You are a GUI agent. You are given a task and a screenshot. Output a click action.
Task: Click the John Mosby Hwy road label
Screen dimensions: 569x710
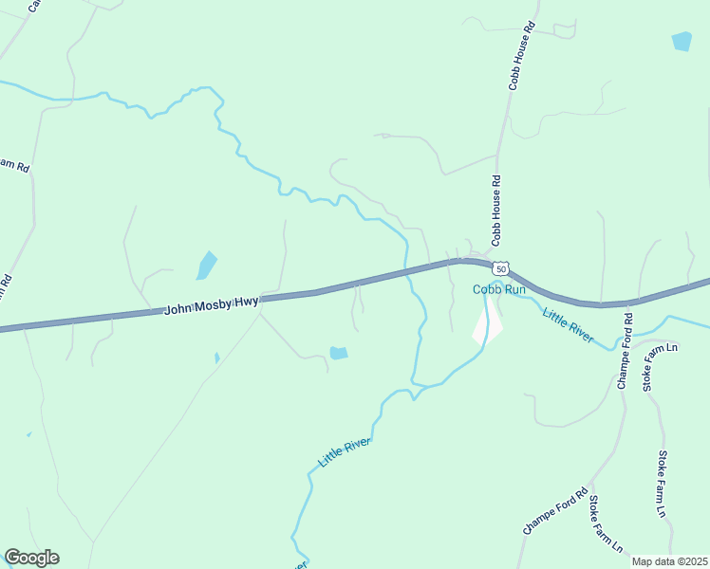tap(211, 304)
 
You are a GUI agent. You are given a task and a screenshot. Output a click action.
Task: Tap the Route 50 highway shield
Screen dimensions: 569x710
tap(501, 269)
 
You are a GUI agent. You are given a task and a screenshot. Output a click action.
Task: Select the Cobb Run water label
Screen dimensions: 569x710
tap(499, 289)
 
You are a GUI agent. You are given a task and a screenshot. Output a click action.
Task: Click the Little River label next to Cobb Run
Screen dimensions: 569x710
tap(568, 323)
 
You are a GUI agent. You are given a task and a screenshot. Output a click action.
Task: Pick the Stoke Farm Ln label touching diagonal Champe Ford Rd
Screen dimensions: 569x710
tap(604, 524)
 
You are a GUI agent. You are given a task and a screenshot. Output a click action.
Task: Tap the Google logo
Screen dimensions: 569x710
tap(31, 558)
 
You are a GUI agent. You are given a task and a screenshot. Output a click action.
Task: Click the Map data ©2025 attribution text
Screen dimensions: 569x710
tap(670, 561)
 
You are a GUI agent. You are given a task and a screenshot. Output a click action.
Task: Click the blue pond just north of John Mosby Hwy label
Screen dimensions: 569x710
tap(206, 266)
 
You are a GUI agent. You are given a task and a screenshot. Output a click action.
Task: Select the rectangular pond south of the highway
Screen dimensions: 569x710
tap(338, 353)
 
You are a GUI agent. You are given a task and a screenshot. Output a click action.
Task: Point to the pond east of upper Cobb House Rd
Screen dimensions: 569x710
tap(682, 41)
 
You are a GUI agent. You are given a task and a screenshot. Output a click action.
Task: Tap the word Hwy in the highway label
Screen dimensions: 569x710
tap(246, 301)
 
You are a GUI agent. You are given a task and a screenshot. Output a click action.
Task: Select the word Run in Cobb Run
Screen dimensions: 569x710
tap(514, 289)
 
